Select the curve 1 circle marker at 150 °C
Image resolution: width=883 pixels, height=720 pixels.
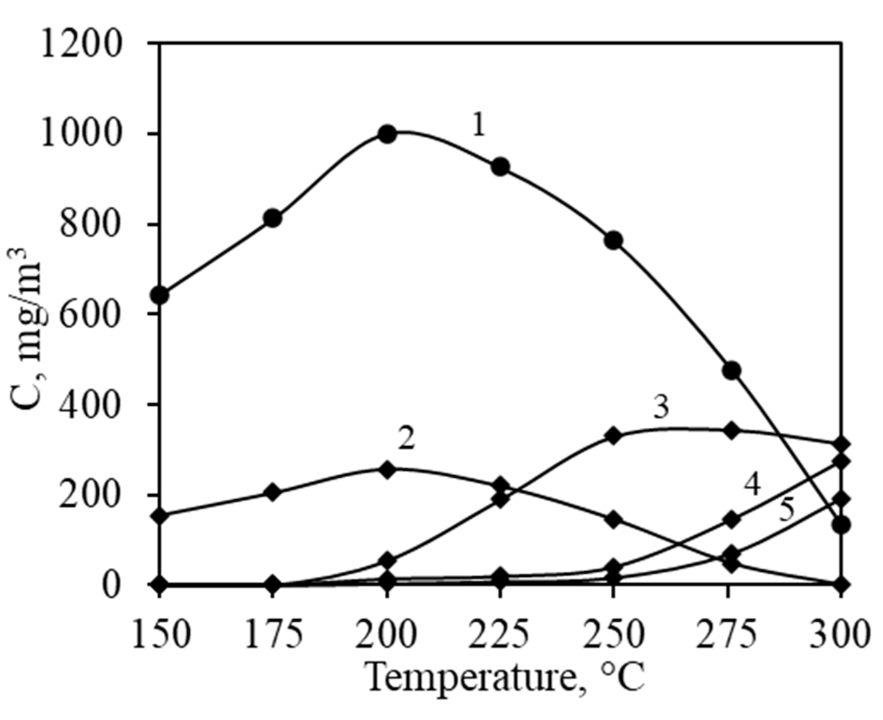tap(161, 295)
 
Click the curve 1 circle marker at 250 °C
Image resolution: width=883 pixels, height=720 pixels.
tap(613, 241)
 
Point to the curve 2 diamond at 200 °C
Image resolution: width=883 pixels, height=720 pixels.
tap(387, 470)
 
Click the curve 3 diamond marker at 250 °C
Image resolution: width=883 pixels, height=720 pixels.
tap(613, 436)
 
